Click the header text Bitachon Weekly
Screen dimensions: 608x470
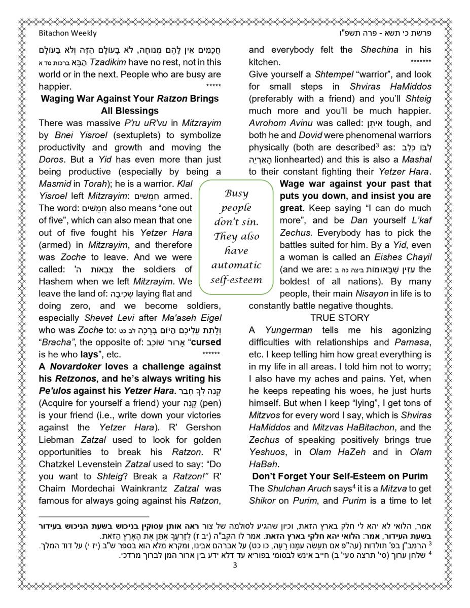(67, 33)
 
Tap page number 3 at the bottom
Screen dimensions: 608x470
(235, 565)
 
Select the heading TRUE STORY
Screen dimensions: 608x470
(340, 318)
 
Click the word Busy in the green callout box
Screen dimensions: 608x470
(236, 194)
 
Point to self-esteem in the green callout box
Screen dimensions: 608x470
(236, 280)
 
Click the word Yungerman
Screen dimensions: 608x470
(288, 330)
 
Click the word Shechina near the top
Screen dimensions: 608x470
(379, 50)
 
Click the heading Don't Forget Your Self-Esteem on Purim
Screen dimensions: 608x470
(340, 476)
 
